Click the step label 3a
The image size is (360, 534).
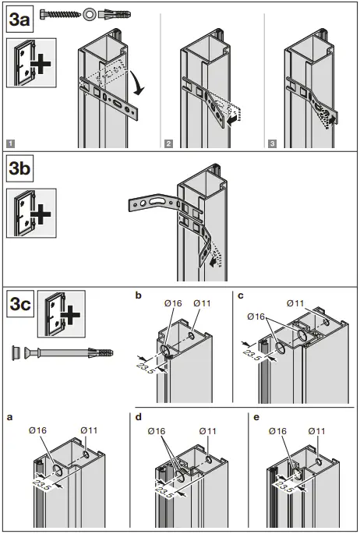(19, 19)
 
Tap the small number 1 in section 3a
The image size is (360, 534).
(9, 143)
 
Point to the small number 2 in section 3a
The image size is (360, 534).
(168, 143)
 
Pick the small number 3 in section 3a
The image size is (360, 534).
(270, 143)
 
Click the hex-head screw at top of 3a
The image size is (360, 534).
(59, 13)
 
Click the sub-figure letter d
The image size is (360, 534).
(138, 417)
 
